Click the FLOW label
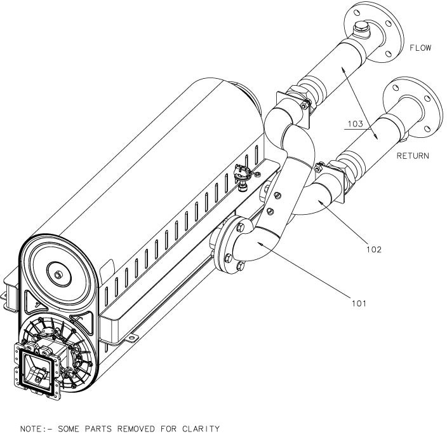[x=420, y=48]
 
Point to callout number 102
[x=374, y=250]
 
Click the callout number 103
[x=356, y=125]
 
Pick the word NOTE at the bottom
[x=17, y=430]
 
